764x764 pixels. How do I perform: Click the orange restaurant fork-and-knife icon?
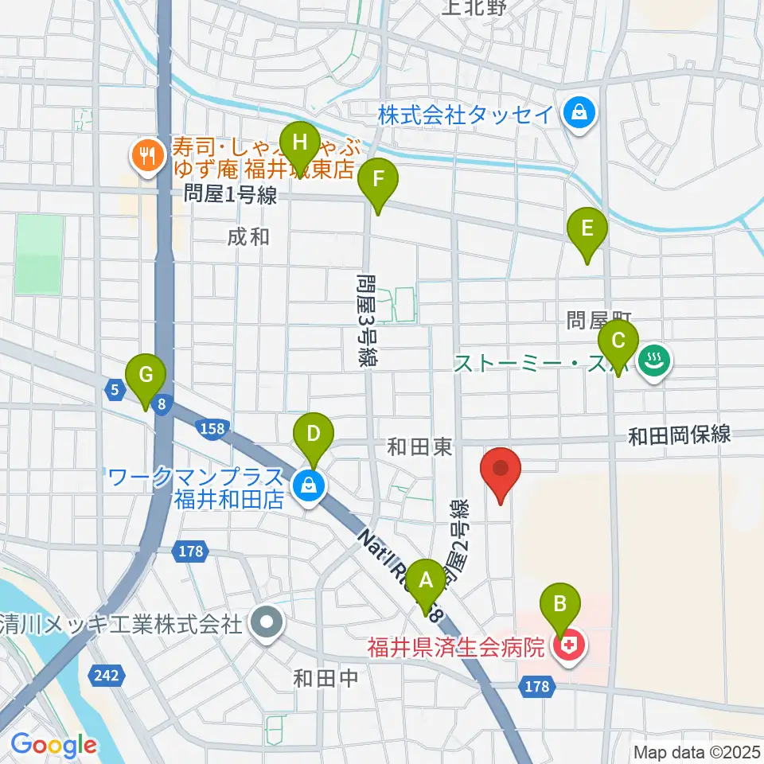(146, 154)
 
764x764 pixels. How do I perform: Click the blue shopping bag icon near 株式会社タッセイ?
(576, 113)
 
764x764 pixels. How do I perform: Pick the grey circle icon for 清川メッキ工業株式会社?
(265, 623)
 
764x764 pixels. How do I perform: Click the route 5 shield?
(115, 388)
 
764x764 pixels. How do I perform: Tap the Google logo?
(54, 745)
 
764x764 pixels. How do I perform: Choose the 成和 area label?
(248, 236)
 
